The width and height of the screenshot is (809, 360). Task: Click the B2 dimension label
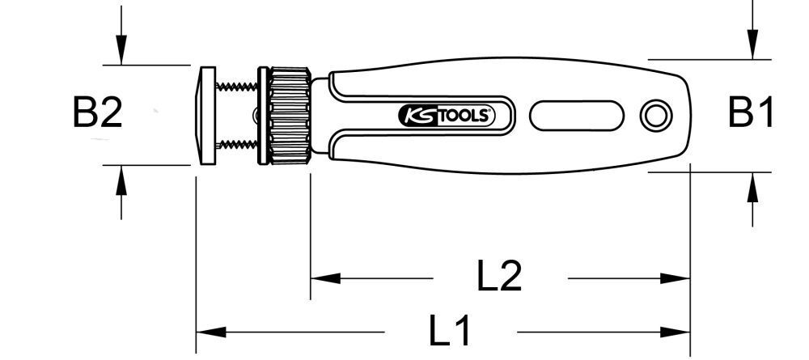98,114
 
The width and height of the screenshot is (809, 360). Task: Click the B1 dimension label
751,113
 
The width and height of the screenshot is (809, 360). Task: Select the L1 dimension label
450,332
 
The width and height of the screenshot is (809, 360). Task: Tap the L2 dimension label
499,277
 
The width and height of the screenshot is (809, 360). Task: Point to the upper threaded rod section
236,87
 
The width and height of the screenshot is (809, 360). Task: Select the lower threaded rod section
236,145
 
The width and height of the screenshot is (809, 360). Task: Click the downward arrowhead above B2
121,52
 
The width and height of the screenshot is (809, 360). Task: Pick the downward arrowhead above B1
752,45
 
